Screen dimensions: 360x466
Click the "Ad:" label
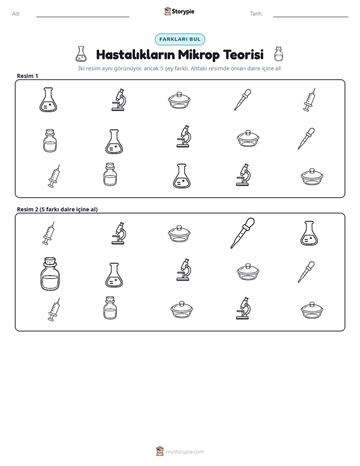(x=16, y=14)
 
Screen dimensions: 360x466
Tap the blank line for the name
(x=83, y=17)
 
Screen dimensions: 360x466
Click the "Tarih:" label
(x=256, y=14)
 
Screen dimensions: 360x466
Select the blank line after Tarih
(x=311, y=17)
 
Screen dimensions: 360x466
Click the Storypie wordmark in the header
(x=183, y=12)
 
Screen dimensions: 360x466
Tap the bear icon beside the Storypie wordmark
(x=167, y=11)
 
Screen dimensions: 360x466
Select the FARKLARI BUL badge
(x=180, y=39)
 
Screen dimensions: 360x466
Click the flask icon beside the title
(x=81, y=54)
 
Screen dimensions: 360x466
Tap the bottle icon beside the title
(x=278, y=54)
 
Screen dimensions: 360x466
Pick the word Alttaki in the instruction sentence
(x=199, y=69)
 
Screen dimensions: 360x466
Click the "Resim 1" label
(x=27, y=76)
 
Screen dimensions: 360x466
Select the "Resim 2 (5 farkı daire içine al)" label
(x=57, y=209)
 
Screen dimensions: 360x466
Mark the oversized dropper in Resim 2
(x=243, y=233)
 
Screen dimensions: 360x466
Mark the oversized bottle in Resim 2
(x=50, y=274)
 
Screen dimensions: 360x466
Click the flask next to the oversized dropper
(x=309, y=233)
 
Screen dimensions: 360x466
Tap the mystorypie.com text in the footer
(x=185, y=452)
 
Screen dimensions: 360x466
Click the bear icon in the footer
(x=160, y=451)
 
